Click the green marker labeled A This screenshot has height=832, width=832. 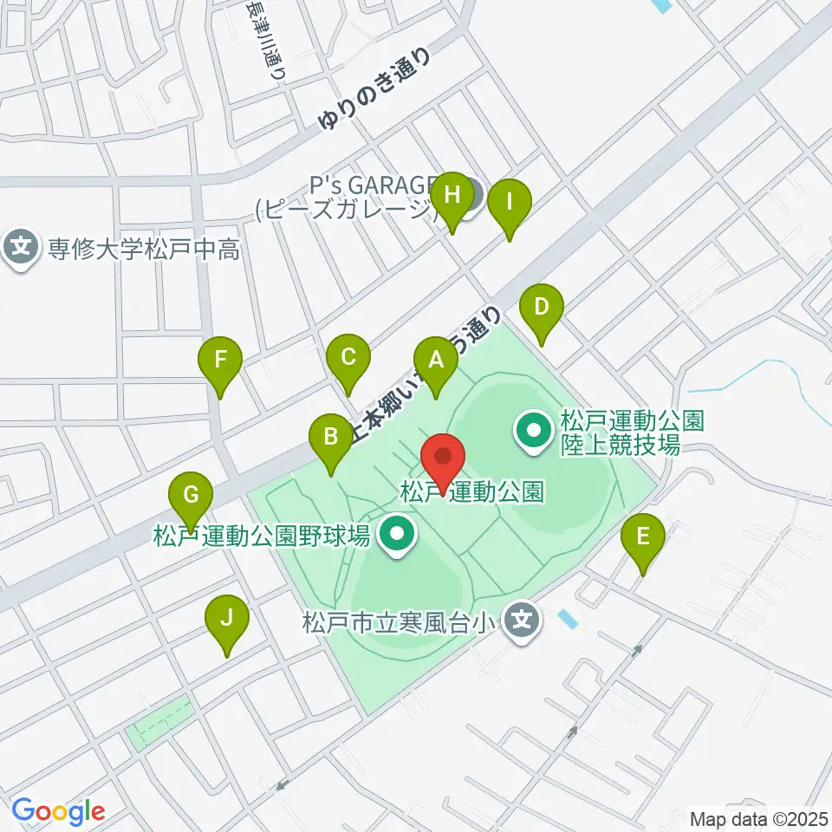point(435,360)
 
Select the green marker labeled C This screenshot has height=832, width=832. point(348,357)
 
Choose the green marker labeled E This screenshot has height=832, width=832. point(643,536)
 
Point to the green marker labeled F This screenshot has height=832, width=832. point(220,358)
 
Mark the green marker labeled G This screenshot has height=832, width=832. point(192,496)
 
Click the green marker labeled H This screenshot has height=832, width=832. point(452,195)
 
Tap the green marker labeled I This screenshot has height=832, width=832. point(510,203)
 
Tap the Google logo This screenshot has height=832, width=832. point(58,811)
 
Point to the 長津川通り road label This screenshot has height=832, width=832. point(265,41)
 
